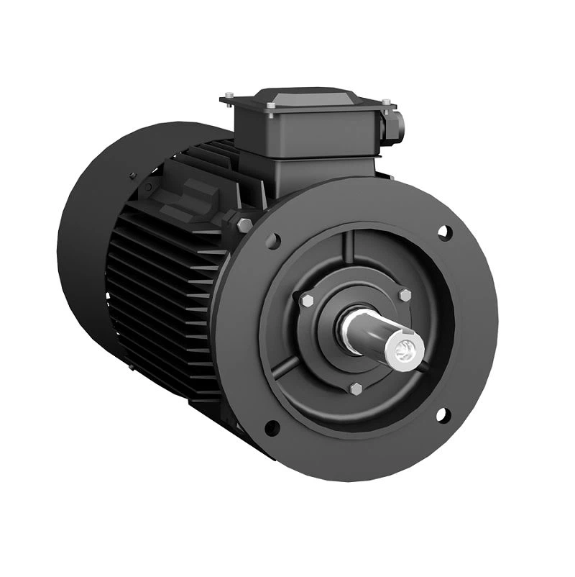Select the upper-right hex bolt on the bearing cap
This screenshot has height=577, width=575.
(404, 295)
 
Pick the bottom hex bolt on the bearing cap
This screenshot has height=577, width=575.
(354, 389)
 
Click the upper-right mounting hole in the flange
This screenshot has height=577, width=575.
(443, 232)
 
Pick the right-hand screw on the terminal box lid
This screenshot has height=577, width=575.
(386, 102)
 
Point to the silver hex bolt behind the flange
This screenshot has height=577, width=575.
(244, 225)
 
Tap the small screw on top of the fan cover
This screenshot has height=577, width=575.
(132, 174)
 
